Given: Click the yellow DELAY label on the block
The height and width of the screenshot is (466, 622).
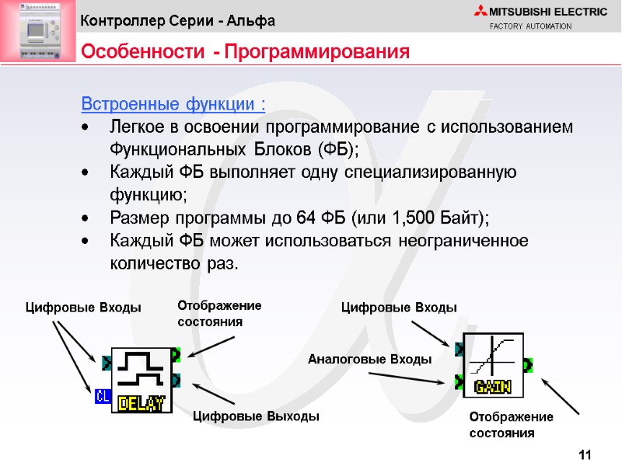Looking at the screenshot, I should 142,404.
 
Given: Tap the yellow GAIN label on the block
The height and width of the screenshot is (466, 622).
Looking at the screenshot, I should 493,386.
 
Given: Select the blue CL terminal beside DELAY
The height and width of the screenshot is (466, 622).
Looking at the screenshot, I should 102,397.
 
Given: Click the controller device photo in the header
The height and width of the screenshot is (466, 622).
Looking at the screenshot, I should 36,30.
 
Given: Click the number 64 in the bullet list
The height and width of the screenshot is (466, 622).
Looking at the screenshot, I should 306,217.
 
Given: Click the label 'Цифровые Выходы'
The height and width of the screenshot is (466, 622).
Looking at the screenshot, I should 255,416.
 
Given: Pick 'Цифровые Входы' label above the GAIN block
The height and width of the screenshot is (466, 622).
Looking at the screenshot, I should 399,308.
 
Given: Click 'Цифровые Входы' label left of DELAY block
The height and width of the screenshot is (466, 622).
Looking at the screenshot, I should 84,308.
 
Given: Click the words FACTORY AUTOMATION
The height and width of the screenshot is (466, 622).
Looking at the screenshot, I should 530,26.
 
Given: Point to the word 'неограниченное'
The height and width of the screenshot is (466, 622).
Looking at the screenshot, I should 463,241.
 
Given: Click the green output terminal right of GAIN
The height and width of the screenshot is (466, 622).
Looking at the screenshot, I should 528,363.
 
